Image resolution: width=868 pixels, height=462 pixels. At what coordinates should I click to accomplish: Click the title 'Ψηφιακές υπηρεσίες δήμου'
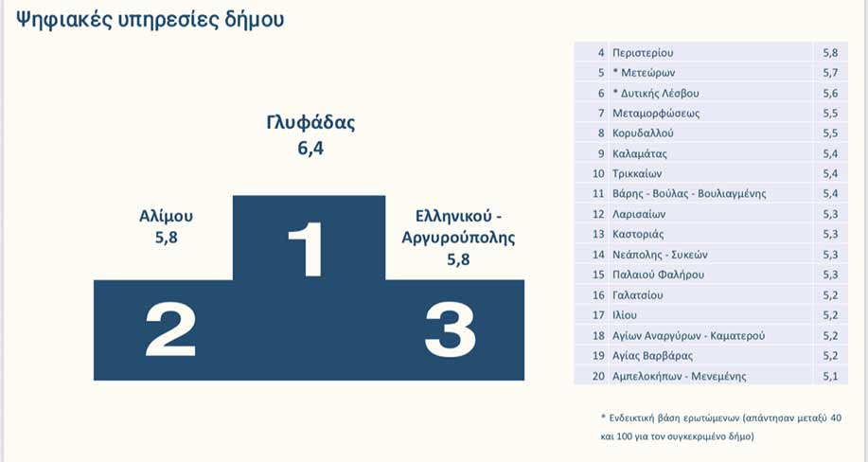[150, 21]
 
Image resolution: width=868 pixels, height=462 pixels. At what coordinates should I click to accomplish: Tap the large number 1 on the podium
[306, 249]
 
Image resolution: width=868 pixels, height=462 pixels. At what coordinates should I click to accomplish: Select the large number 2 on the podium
[170, 330]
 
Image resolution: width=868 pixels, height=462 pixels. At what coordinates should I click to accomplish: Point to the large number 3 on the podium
[450, 330]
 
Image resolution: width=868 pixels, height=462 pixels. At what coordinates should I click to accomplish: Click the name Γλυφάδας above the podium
[310, 122]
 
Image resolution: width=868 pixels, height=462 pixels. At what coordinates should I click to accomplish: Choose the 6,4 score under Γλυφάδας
[310, 149]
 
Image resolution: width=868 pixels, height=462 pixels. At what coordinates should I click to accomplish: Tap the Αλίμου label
[166, 216]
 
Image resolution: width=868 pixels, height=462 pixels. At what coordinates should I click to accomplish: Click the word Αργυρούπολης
[458, 239]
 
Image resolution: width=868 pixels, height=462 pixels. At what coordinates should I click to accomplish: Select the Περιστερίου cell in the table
[643, 53]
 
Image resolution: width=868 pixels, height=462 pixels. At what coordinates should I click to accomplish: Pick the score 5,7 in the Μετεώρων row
[830, 73]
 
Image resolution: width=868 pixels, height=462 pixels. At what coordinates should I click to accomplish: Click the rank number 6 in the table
[601, 93]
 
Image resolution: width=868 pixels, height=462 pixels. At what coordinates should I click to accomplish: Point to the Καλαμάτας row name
[639, 153]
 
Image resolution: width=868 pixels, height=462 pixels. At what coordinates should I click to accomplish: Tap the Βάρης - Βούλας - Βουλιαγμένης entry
[689, 194]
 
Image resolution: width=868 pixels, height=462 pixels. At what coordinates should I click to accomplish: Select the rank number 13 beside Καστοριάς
[598, 235]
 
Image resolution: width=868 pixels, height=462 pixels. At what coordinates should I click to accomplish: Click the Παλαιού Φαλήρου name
[658, 275]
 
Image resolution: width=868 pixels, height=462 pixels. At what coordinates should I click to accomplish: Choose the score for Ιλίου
[830, 315]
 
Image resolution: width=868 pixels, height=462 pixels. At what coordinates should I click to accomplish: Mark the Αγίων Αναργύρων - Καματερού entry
[689, 336]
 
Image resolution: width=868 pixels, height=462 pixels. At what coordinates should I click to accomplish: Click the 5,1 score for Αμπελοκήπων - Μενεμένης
[830, 376]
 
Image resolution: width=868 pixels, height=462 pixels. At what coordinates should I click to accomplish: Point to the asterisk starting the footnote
[603, 416]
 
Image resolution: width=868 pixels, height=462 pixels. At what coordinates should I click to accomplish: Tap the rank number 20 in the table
[598, 376]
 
